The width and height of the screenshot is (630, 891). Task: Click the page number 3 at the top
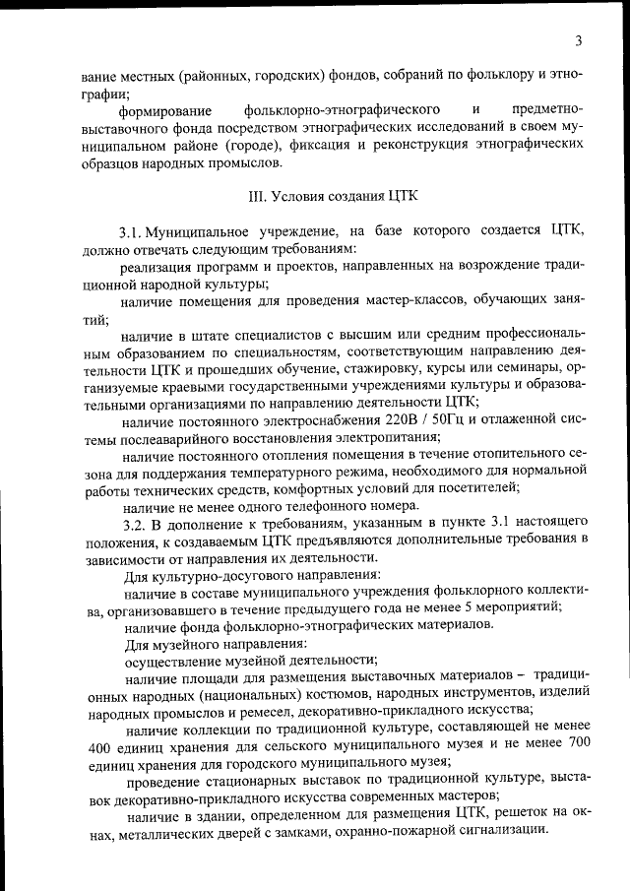(x=579, y=40)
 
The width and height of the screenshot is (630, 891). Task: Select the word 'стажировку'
(x=362, y=369)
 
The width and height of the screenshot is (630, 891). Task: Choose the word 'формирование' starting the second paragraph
(x=164, y=109)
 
